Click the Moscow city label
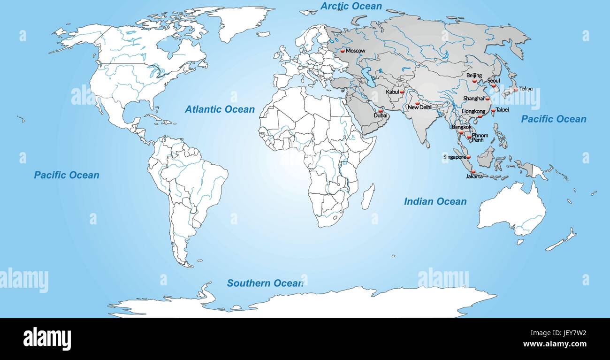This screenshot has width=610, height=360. click(x=355, y=51)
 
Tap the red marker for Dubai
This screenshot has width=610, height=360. click(x=380, y=111)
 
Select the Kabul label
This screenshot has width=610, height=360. click(x=392, y=92)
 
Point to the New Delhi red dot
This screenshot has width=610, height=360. click(x=417, y=103)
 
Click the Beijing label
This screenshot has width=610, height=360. click(x=474, y=75)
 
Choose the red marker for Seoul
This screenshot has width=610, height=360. click(x=494, y=85)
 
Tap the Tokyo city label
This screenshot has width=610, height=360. click(x=526, y=89)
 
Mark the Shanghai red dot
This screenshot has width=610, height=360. click(x=487, y=99)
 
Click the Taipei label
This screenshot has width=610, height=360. click(x=502, y=110)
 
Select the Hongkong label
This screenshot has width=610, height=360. click(x=473, y=111)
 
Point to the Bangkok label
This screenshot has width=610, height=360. click(x=461, y=127)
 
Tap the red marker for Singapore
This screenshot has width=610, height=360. click(x=468, y=157)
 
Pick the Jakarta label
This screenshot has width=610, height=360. click(x=474, y=176)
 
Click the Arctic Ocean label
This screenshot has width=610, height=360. click(x=351, y=7)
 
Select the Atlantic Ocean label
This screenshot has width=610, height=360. click(x=220, y=109)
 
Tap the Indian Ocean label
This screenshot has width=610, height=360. click(x=435, y=201)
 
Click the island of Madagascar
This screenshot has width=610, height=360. click(x=368, y=197)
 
